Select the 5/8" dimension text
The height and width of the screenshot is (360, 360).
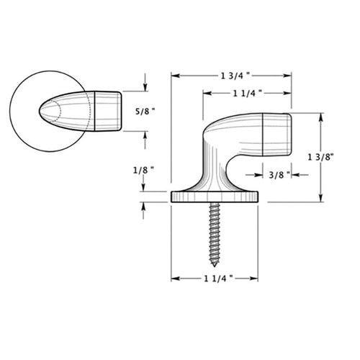click(x=145, y=112)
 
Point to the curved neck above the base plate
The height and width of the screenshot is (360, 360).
click(x=214, y=169)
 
